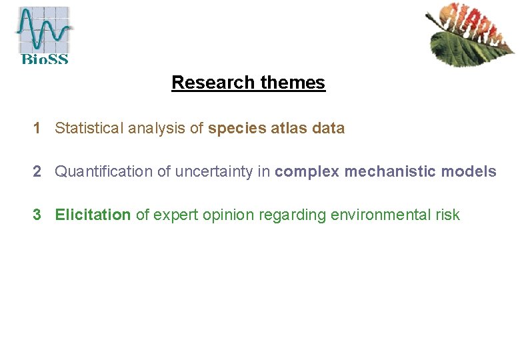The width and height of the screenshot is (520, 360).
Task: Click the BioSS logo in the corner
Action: point(43,35)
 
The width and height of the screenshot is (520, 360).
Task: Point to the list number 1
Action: point(38,128)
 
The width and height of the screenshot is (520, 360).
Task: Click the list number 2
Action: point(38,171)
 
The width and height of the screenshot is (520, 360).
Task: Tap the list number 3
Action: point(38,215)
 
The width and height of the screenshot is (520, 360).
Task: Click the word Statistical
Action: point(89,128)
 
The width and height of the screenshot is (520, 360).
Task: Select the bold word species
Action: point(237,128)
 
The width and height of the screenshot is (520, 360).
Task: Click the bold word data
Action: point(329,128)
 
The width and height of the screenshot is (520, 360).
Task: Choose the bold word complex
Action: point(307,171)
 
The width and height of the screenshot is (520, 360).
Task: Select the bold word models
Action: point(469,171)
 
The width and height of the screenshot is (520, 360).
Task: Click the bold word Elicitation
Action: point(93,215)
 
